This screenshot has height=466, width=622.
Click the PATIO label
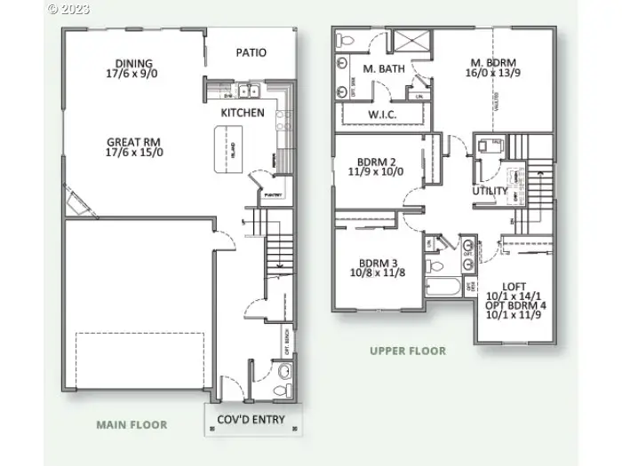coord(251,52)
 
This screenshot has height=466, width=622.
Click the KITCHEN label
coord(243,113)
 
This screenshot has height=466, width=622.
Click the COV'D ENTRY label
coord(252,419)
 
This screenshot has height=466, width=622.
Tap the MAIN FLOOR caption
coord(132,425)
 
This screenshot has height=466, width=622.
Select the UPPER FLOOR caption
coord(408,351)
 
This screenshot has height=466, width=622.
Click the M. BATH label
coord(383,68)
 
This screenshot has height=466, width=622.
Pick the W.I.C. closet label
coord(382,115)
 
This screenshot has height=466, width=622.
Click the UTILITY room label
coord(490,191)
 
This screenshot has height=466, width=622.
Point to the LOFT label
coord(514,286)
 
